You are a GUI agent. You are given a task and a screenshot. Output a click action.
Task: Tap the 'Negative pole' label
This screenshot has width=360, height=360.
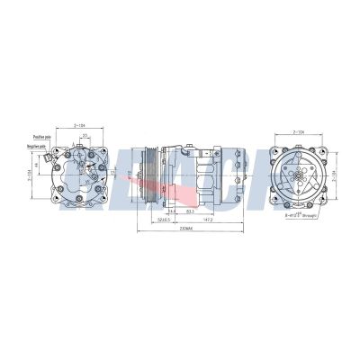[x=35, y=141]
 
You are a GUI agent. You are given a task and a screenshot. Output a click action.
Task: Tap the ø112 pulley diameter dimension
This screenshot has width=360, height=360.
[x=130, y=172]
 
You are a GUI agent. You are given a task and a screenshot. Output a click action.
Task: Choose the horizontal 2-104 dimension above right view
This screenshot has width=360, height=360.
[x=297, y=130]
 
